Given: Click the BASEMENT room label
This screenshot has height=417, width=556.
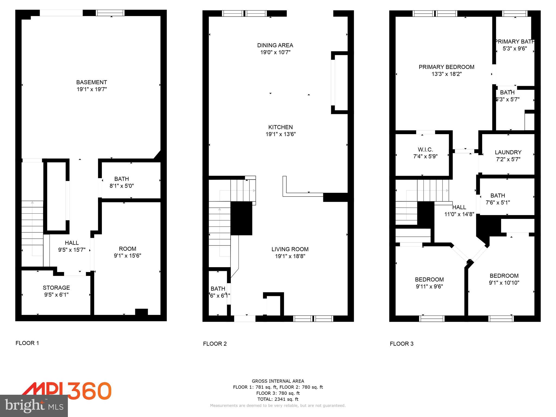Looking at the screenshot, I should pyautogui.click(x=91, y=82).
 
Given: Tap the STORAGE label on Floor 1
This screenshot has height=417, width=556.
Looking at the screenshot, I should pyautogui.click(x=56, y=288).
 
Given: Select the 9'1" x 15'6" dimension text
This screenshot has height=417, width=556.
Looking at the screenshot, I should pyautogui.click(x=127, y=256).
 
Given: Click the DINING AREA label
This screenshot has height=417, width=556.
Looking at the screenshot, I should pyautogui.click(x=275, y=45).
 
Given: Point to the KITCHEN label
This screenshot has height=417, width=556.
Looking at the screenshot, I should pyautogui.click(x=280, y=127).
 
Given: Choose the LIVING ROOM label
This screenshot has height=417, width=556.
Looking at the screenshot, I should pyautogui.click(x=290, y=249).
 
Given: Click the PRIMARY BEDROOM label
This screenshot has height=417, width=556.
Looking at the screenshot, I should pyautogui.click(x=446, y=67).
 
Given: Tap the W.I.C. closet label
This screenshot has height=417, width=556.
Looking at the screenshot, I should pyautogui.click(x=425, y=150).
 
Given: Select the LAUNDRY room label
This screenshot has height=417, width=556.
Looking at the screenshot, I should pyautogui.click(x=508, y=152).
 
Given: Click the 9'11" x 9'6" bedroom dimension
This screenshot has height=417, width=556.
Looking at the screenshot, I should pyautogui.click(x=429, y=286).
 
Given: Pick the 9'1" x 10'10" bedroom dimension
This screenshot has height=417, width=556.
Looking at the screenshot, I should pyautogui.click(x=504, y=283).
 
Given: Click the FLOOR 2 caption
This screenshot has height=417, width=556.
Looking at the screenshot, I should pyautogui.click(x=214, y=344).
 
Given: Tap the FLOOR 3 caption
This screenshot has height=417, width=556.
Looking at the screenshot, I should pyautogui.click(x=402, y=344).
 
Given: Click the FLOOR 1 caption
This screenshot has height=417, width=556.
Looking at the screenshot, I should pyautogui.click(x=27, y=343).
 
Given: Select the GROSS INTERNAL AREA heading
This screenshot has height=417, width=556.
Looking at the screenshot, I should pyautogui.click(x=278, y=381).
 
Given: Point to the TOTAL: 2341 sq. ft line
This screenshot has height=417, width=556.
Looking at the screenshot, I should pyautogui.click(x=278, y=399).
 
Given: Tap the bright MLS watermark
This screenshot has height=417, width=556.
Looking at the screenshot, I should pyautogui.click(x=34, y=406).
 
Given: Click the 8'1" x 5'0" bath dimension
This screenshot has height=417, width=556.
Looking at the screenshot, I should pyautogui.click(x=122, y=186).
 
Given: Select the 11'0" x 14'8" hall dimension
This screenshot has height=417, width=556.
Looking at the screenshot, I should pyautogui.click(x=459, y=214).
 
